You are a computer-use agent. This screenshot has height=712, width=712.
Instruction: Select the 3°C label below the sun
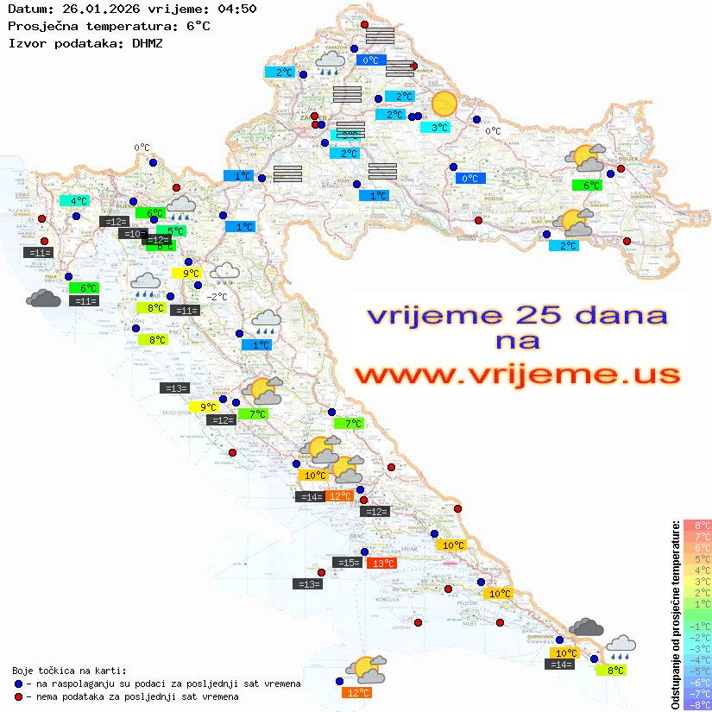point(440,128)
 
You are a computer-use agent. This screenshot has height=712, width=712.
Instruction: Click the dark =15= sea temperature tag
point(347,563)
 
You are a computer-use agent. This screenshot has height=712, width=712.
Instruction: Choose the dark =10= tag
point(133,234)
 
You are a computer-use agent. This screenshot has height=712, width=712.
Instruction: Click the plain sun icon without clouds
point(444,104)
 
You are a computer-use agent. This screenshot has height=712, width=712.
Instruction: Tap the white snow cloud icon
point(226,273)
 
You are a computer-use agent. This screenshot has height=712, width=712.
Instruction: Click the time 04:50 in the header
point(231,9)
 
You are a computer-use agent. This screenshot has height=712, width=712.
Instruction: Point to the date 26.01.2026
point(89,9)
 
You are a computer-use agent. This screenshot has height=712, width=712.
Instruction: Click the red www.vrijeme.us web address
point(517,375)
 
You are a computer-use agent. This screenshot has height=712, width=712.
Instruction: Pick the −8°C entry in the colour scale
point(697,704)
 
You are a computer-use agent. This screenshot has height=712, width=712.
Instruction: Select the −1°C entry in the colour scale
point(697,626)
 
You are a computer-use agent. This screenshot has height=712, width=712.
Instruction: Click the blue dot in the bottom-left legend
point(18,684)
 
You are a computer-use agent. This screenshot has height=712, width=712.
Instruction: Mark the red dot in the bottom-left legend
point(18,696)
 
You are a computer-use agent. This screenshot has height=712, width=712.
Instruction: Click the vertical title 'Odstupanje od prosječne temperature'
point(674,615)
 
